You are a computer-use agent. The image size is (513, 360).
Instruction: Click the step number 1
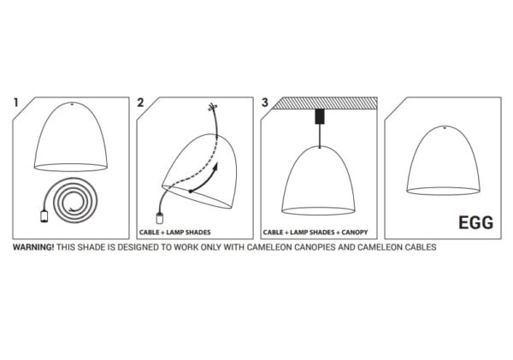click(15, 103)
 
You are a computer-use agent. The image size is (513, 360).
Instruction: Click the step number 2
click(140, 103)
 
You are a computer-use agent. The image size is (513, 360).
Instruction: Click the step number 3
click(265, 103)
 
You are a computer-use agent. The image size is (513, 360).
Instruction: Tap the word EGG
click(475, 223)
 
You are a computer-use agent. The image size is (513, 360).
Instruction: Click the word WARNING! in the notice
click(33, 247)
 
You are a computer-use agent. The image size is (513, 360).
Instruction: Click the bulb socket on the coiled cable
click(44, 216)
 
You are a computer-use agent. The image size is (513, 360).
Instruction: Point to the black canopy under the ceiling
click(320, 116)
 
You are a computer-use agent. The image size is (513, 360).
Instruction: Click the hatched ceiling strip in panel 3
click(326, 103)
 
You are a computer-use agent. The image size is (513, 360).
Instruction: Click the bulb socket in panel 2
click(159, 218)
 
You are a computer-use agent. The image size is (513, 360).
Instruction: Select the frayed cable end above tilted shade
click(212, 107)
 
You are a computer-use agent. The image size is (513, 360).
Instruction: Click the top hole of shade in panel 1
click(72, 104)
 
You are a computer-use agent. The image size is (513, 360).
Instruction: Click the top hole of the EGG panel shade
click(445, 127)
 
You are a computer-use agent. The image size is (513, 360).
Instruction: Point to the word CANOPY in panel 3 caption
click(355, 233)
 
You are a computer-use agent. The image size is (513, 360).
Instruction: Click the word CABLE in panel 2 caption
click(149, 233)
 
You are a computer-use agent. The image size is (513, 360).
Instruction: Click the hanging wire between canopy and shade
click(320, 136)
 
